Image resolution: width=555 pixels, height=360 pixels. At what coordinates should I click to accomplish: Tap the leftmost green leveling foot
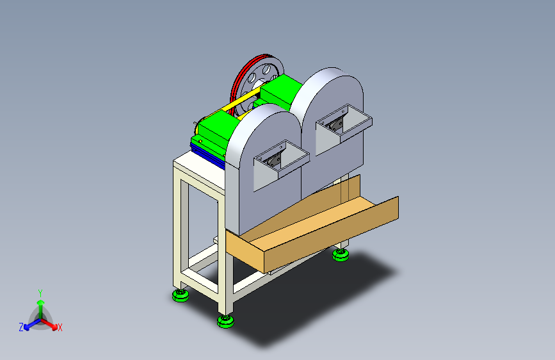pos(181,295)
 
